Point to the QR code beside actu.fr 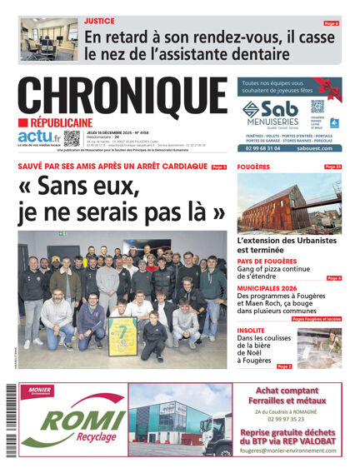click(x=72, y=138)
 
